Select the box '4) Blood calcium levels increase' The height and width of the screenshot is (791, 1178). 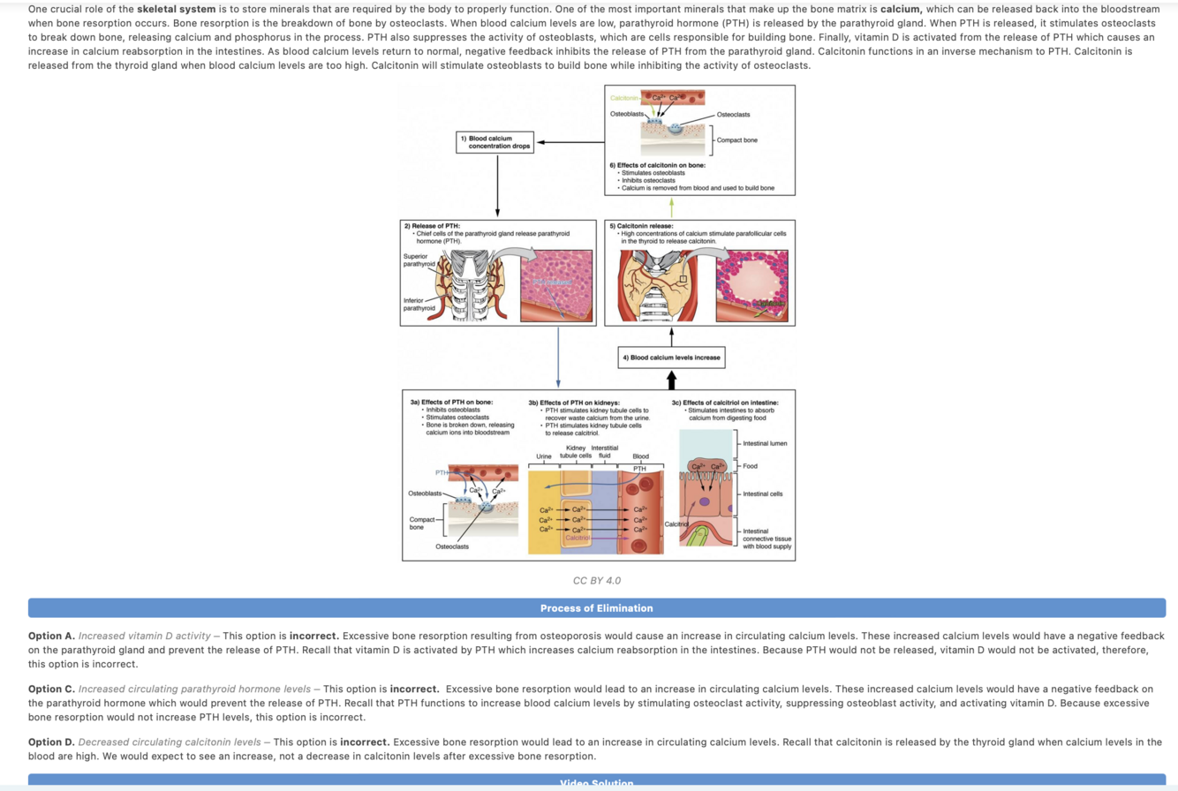[671, 358]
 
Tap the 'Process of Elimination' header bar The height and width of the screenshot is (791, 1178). [596, 607]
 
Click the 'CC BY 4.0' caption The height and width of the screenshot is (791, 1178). [596, 581]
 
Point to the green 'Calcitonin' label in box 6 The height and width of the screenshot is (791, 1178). [624, 96]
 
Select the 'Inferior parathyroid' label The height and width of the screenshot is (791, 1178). [419, 304]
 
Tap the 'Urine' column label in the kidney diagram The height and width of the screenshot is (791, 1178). [544, 456]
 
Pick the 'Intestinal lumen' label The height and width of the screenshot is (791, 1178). [765, 441]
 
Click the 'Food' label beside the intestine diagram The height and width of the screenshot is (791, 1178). [751, 466]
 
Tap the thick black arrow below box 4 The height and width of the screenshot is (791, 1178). [671, 379]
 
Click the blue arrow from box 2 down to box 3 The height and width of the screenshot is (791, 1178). [558, 357]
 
